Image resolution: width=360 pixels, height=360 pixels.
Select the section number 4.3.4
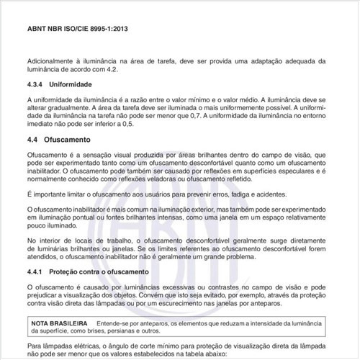pyautogui.click(x=36, y=84)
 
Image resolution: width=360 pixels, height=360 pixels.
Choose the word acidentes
pyautogui.click(x=300, y=196)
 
